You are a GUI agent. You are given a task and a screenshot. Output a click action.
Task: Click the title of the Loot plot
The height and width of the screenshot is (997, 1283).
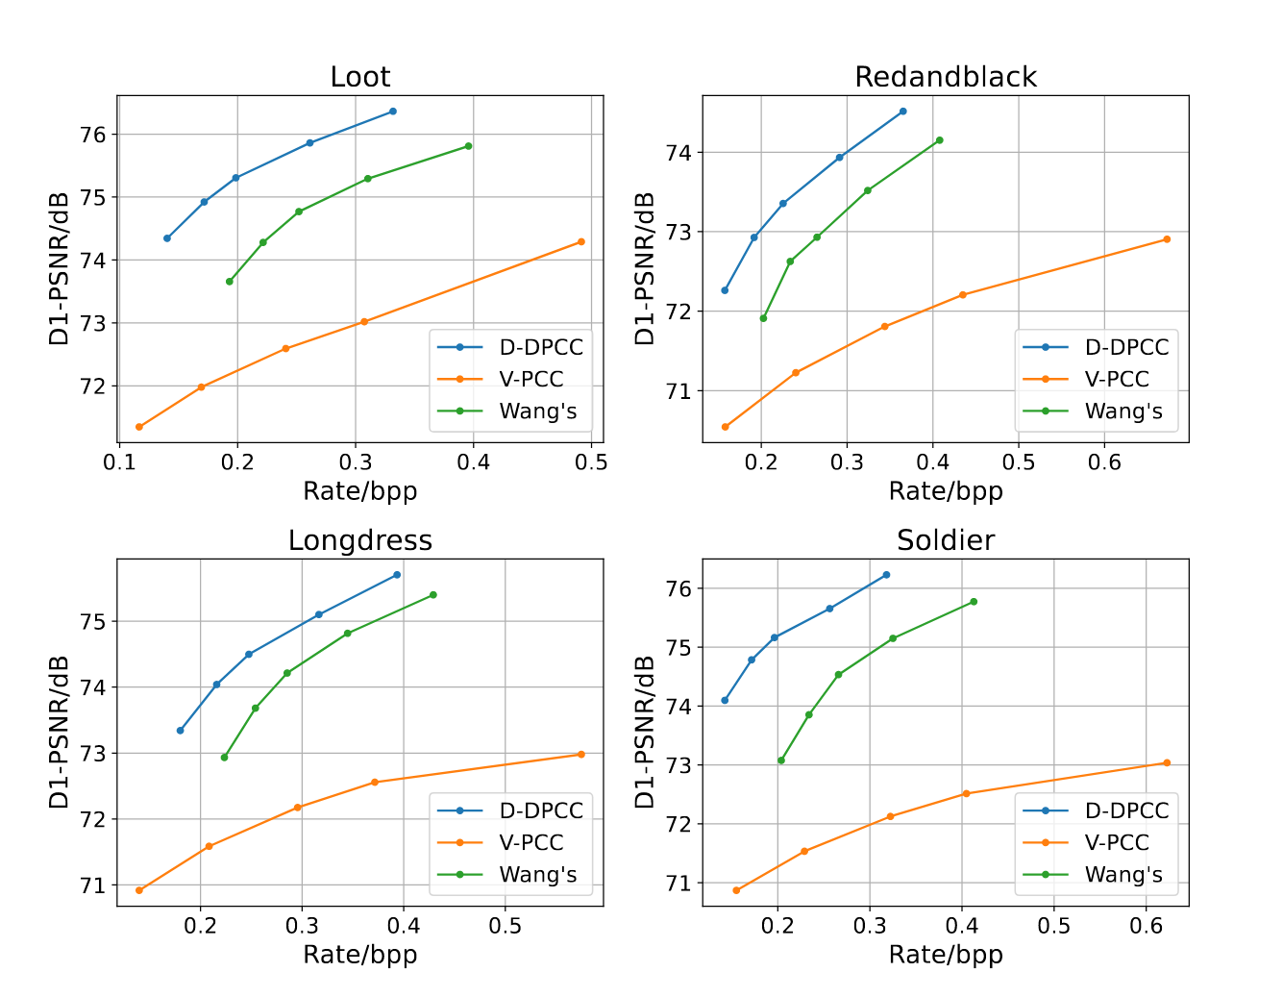pos(359,77)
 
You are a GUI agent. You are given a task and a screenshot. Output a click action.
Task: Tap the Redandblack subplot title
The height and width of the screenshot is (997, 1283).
pos(945,77)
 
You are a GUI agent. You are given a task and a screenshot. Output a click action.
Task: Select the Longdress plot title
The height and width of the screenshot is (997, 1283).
pos(359,540)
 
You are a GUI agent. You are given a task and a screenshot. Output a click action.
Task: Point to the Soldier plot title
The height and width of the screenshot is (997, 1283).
pos(945,540)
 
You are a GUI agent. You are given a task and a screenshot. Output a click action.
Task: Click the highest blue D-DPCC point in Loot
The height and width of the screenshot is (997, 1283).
pos(393,112)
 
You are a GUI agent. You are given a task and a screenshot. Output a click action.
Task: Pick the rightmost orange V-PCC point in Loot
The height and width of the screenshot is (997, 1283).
pos(581,242)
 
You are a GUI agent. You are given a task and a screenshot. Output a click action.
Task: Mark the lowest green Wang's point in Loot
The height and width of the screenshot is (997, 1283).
pos(229,282)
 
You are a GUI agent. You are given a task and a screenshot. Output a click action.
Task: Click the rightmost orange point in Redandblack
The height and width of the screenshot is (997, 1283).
pos(1167,239)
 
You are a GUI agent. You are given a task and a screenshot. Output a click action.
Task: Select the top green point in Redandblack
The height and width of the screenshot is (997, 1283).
pos(939,140)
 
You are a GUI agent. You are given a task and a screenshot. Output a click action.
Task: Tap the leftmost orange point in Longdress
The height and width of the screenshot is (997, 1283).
pos(139,890)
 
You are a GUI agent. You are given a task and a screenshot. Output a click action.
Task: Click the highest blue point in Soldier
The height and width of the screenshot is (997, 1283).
pos(886,575)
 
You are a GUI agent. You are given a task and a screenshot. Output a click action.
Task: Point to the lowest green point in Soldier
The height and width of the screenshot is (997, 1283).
pos(780,760)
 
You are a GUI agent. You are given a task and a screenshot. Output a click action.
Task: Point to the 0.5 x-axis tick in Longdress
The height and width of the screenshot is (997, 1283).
pos(506,926)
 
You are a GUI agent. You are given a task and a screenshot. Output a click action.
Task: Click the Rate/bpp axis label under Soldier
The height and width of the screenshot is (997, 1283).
pos(945,955)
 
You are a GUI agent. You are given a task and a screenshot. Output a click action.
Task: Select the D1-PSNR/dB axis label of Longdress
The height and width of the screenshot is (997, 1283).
pos(60,732)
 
